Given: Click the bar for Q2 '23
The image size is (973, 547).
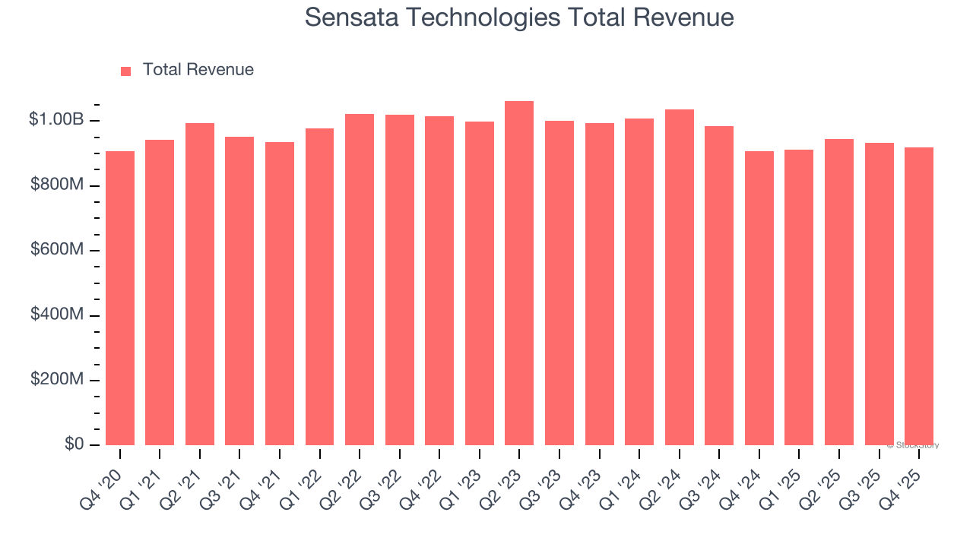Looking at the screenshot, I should (519, 273).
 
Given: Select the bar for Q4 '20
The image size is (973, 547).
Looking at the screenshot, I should (120, 298).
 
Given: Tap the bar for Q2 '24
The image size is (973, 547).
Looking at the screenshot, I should (679, 277).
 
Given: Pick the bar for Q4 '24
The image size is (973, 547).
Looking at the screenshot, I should (759, 298).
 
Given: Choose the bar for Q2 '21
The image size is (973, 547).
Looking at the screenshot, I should (200, 284).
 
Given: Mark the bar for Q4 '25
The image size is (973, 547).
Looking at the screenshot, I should (919, 296).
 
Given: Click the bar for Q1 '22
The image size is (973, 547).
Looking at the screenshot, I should (319, 286).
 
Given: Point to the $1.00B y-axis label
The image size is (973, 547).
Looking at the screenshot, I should (56, 120).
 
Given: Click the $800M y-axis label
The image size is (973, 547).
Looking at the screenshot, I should (57, 185).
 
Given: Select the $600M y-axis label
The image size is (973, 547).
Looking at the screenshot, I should (57, 250).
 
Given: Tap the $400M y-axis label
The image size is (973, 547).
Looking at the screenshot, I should (57, 315).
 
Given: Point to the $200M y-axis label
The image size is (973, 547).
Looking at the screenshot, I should (57, 380).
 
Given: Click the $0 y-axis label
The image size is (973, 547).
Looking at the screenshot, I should (74, 444).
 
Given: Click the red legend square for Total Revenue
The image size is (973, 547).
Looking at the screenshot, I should (126, 71).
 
